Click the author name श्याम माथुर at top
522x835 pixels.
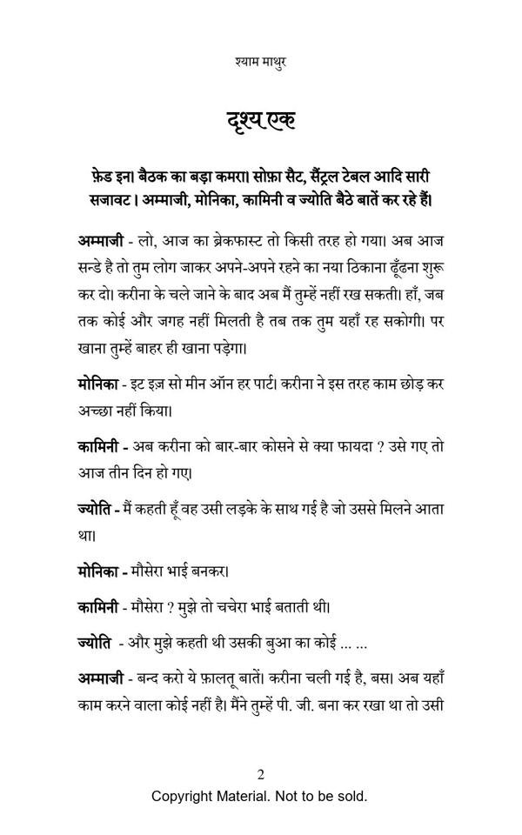click(x=261, y=62)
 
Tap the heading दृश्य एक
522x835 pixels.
click(x=261, y=120)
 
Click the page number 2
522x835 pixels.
click(x=260, y=775)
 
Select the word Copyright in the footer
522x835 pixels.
click(x=184, y=796)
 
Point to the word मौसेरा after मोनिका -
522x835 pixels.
click(x=157, y=571)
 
